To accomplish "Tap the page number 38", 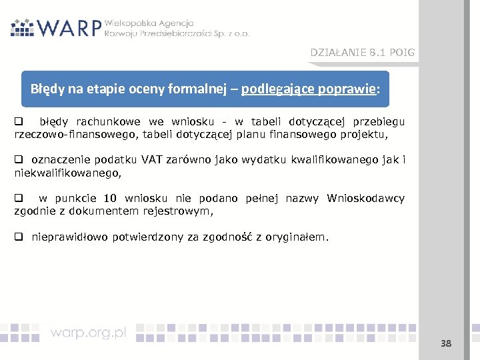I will pyautogui.click(x=446, y=343).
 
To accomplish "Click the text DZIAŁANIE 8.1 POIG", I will pyautogui.click(x=362, y=53).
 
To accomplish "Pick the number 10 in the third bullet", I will pyautogui.click(x=110, y=199).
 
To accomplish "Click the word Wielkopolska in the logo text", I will pyautogui.click(x=131, y=22).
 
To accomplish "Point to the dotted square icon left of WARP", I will pyautogui.click(x=23, y=27).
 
